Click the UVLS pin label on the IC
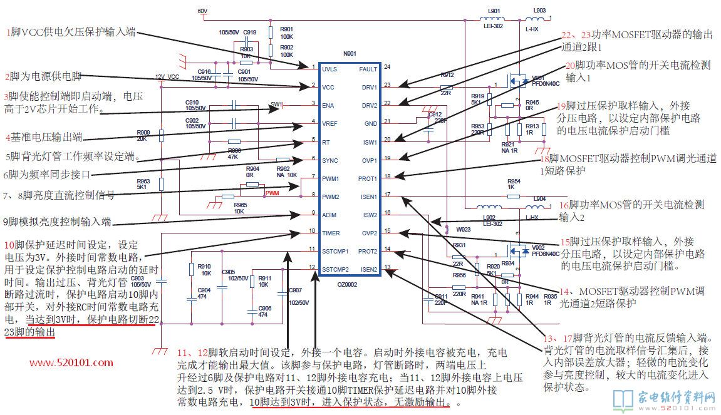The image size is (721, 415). [x=329, y=69]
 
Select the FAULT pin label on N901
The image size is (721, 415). [x=368, y=69]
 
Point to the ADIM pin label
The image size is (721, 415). [x=329, y=215]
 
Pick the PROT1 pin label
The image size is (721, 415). [x=368, y=178]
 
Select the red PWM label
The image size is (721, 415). [x=272, y=193]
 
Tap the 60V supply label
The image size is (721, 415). [x=202, y=12]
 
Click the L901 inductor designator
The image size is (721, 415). [x=494, y=11]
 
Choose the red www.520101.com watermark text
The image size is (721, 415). [x=71, y=362]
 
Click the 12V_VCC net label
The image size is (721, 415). [x=167, y=77]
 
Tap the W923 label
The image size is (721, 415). [x=463, y=229]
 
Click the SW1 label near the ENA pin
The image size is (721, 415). [x=277, y=104]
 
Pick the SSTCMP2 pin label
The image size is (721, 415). [x=335, y=270]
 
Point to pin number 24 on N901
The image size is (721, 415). [x=387, y=66]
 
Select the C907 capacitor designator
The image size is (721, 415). [x=295, y=290]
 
